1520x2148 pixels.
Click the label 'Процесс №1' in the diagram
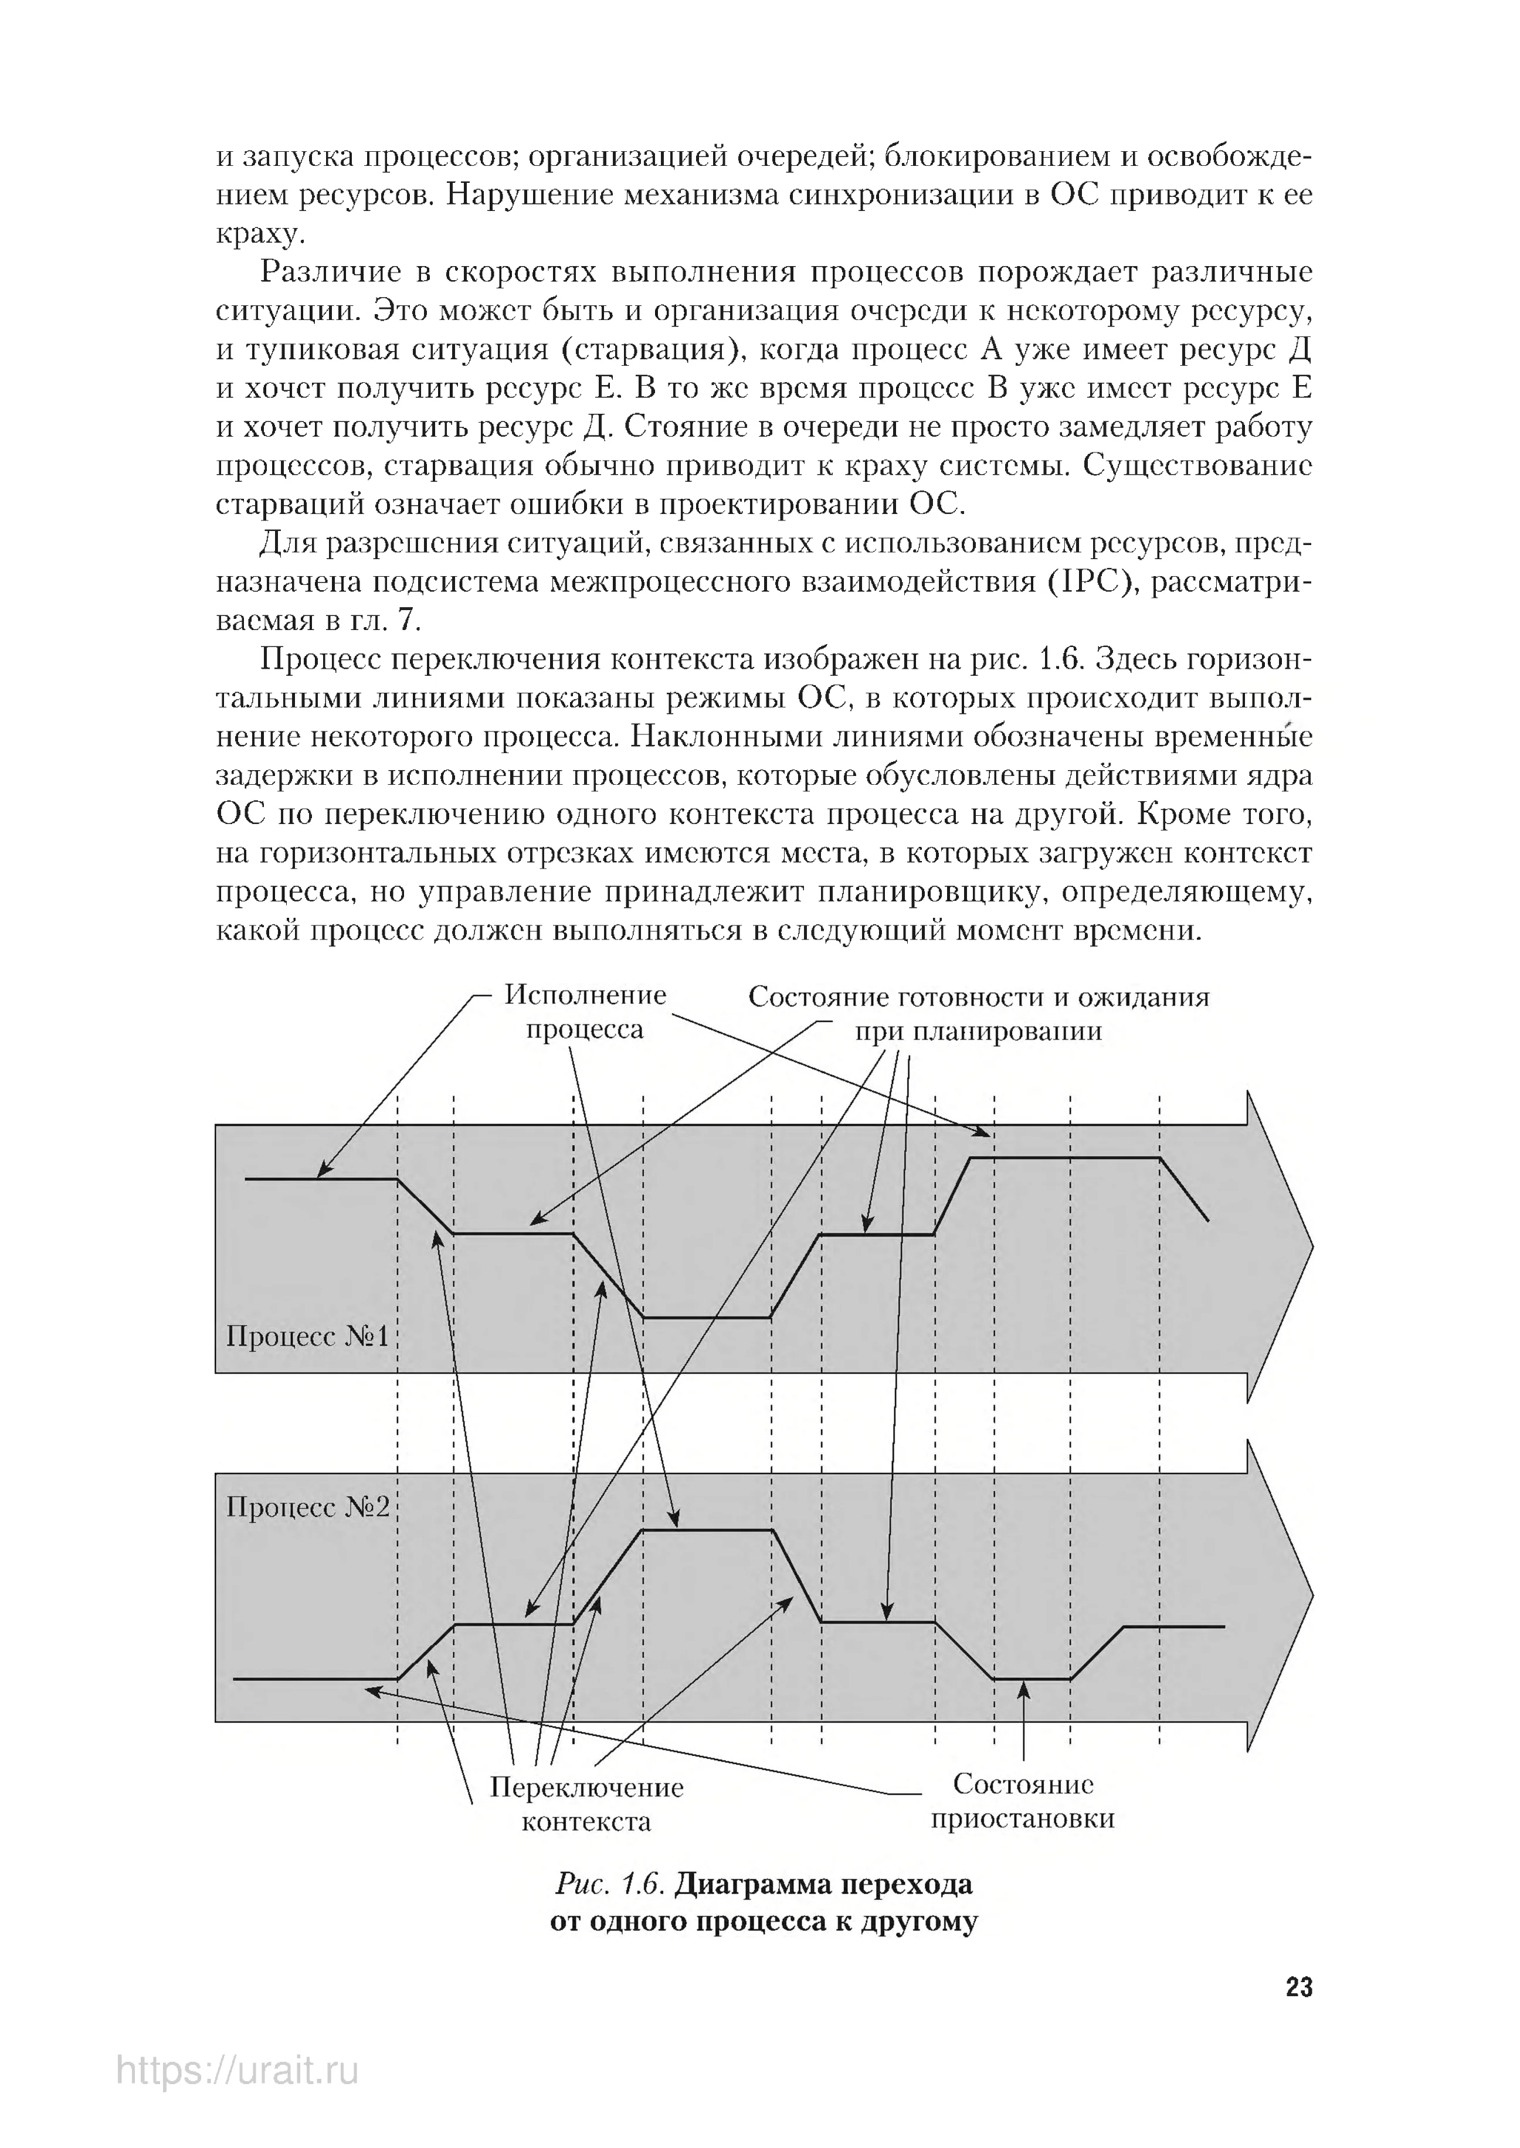coord(307,1336)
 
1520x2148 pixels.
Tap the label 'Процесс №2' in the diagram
coord(307,1507)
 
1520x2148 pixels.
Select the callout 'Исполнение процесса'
coord(585,1012)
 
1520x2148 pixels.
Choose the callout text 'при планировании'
coord(978,1031)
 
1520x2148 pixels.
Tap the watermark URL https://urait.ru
coord(238,2098)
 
